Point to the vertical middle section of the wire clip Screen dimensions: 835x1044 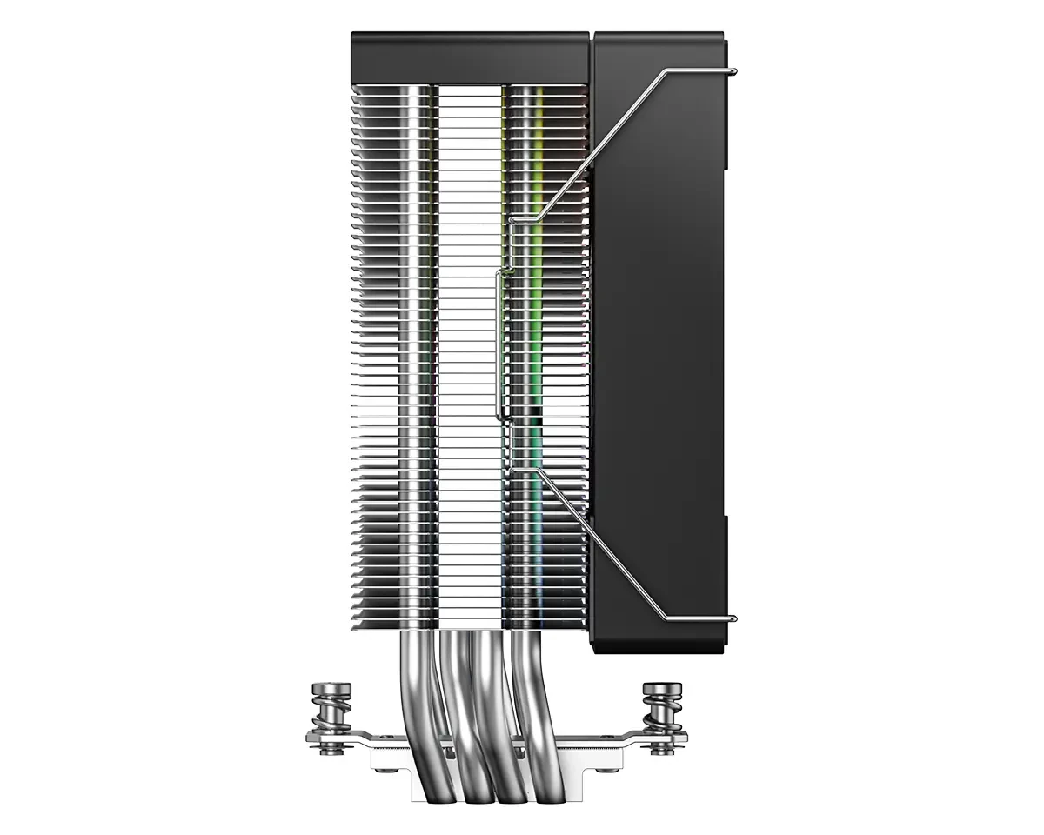pyautogui.click(x=498, y=348)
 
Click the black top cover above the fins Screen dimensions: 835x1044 pyautogui.click(x=470, y=57)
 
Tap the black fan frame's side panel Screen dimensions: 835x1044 pyautogui.click(x=661, y=348)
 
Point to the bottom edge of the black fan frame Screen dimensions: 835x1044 pyautogui.click(x=661, y=649)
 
